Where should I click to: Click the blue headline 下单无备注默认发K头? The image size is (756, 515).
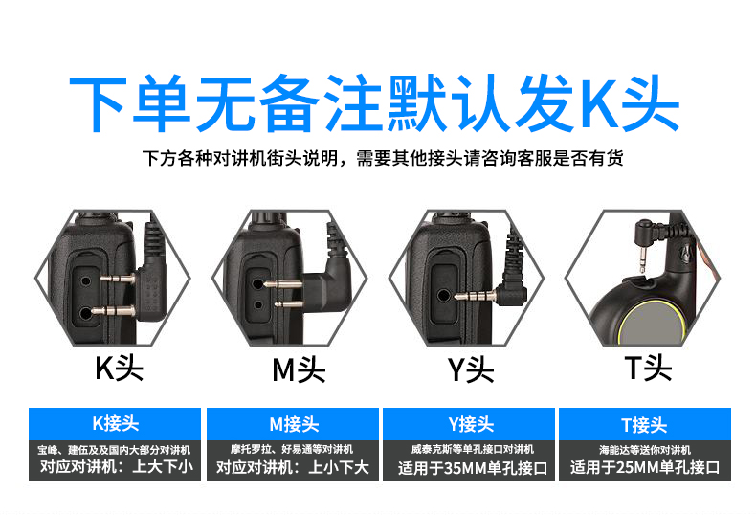click(374, 103)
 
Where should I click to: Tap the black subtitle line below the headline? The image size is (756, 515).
click(383, 158)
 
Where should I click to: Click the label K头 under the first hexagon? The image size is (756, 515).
click(119, 369)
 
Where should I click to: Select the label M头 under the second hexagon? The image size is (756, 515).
click(299, 369)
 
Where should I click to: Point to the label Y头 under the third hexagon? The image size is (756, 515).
click(471, 369)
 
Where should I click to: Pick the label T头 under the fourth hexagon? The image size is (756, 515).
click(648, 368)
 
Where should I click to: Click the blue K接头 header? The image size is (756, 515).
click(115, 424)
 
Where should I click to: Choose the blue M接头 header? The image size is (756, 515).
click(293, 424)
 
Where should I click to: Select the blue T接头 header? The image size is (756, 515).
click(645, 424)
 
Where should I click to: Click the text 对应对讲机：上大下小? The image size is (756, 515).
click(117, 466)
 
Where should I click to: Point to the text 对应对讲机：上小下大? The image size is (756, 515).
click(293, 467)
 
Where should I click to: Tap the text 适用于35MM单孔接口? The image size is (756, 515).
click(473, 468)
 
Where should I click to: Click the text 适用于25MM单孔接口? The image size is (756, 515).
click(645, 467)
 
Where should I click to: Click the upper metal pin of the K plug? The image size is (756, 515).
click(118, 278)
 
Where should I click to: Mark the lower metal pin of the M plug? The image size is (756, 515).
click(289, 304)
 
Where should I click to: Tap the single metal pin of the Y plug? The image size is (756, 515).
click(476, 296)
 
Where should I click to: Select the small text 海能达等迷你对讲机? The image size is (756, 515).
click(645, 450)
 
